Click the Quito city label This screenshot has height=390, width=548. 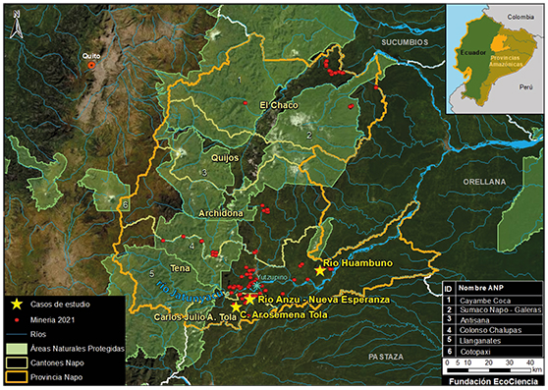click(91, 56)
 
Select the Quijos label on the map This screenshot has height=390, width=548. click(224, 156)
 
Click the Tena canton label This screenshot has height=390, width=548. click(179, 267)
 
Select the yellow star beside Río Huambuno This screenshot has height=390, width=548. click(319, 269)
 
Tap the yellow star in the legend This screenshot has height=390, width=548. click(17, 305)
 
